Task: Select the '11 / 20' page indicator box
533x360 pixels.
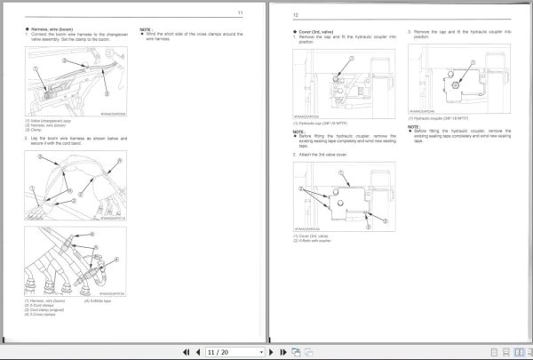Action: [x=219, y=351]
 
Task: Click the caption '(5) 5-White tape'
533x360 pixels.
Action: [x=99, y=301]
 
